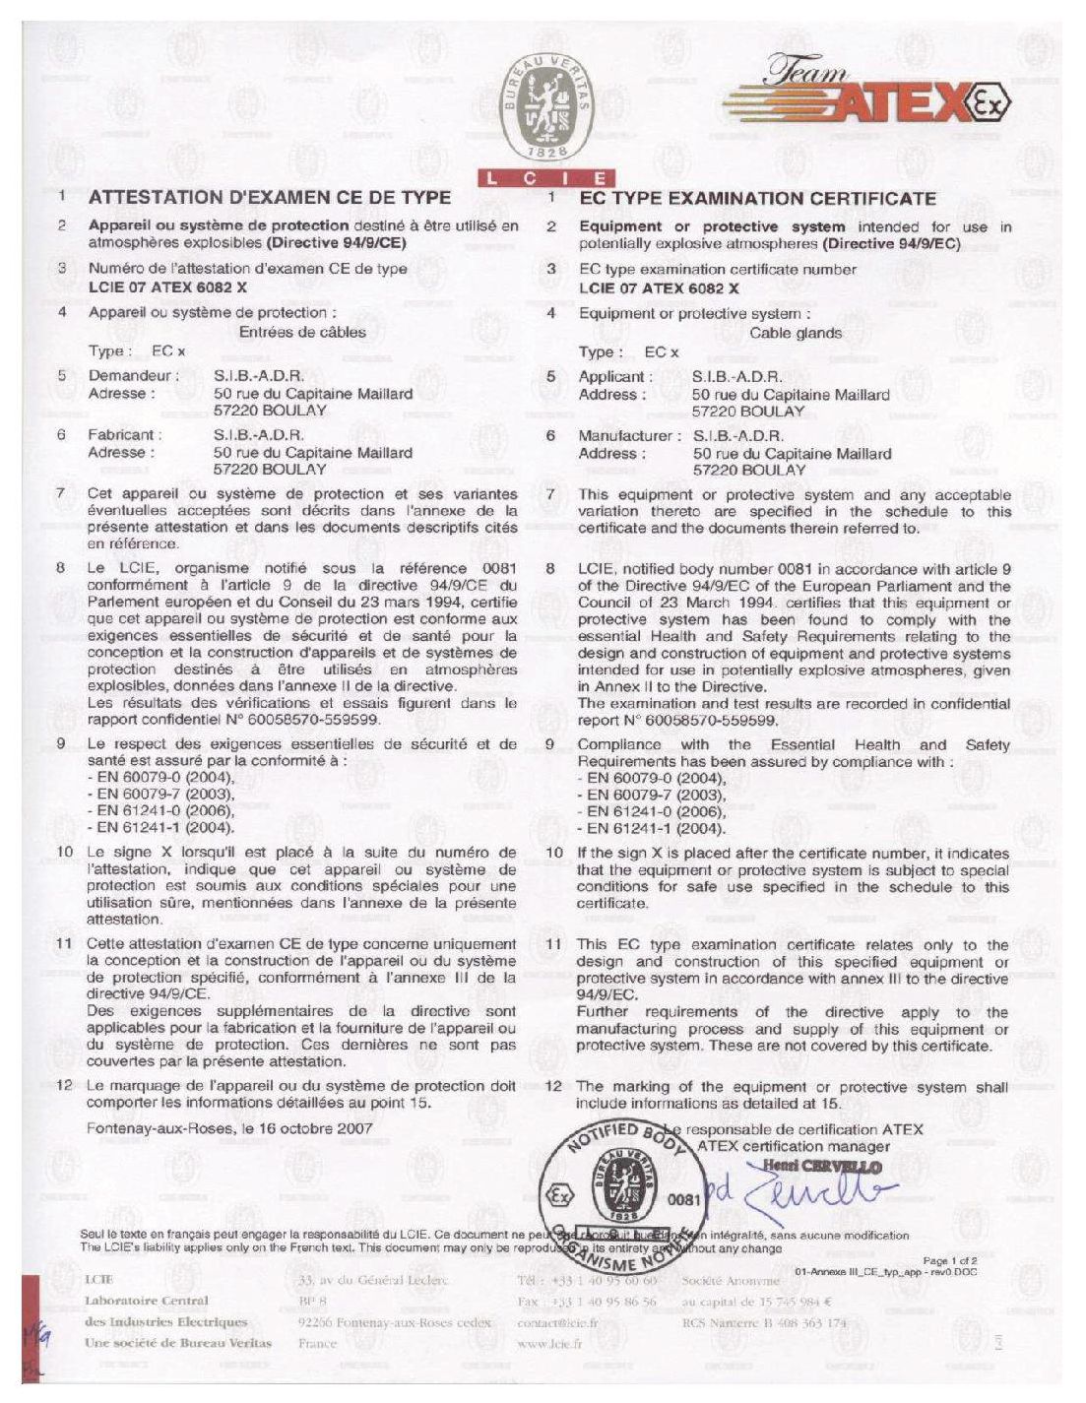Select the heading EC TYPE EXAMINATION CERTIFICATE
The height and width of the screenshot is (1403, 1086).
coord(757,199)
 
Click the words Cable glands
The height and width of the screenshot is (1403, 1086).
coord(796,333)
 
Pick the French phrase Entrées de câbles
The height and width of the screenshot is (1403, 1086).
coord(302,333)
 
